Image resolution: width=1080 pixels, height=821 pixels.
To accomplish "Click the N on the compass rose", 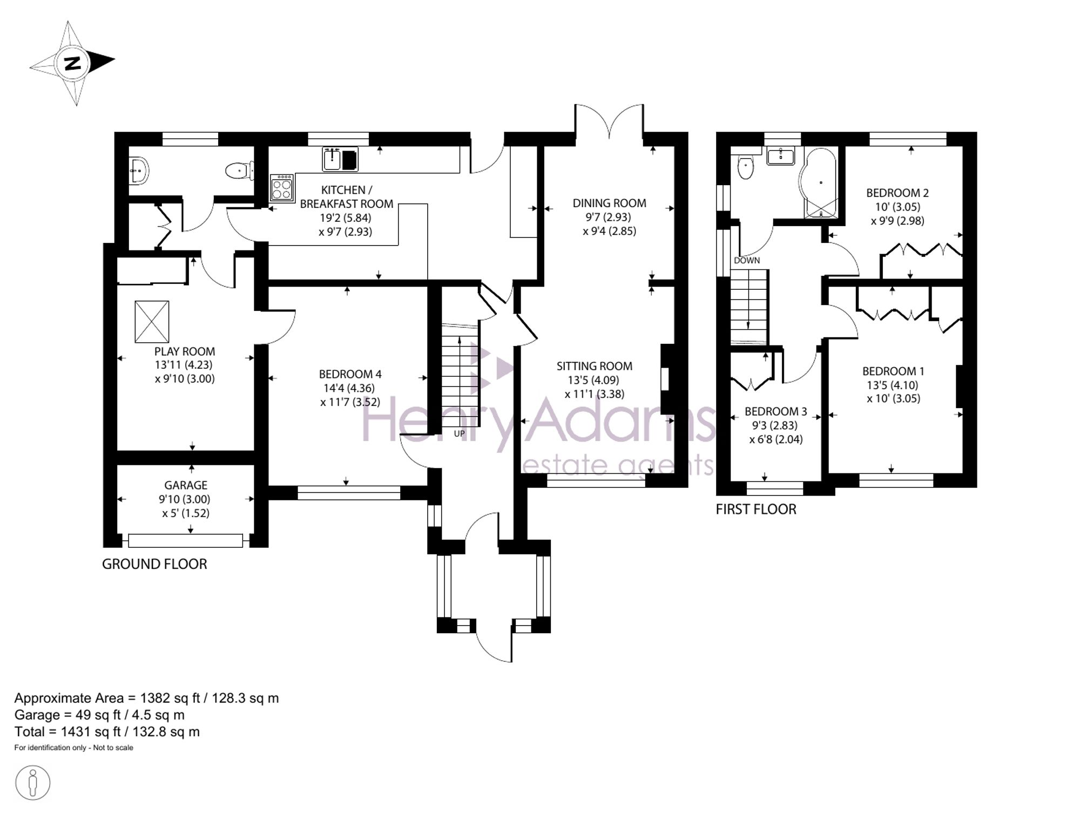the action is (x=72, y=63).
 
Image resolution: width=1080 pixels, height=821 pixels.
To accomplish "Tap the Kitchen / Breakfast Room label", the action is (x=346, y=197).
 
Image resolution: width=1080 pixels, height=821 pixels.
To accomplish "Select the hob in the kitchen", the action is (x=282, y=188).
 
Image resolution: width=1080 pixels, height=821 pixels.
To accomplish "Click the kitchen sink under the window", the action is (x=340, y=159).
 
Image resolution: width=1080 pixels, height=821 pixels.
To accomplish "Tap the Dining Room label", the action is (x=609, y=203).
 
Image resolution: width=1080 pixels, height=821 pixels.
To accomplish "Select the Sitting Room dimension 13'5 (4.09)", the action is (x=594, y=380).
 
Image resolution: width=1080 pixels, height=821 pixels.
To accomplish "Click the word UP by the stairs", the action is (x=459, y=433).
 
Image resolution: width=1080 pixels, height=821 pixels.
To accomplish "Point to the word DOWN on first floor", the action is (x=747, y=260).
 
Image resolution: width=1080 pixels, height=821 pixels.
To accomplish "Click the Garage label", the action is (x=186, y=485).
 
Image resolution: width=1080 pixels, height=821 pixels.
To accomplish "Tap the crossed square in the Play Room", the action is (x=152, y=322).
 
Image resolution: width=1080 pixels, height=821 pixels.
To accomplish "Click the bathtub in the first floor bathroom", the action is (x=820, y=183).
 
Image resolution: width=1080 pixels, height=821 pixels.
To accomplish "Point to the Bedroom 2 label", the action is (x=897, y=193).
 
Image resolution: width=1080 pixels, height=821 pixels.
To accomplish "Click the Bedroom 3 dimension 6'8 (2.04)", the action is (x=776, y=439).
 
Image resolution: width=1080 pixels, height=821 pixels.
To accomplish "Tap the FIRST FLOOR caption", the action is (x=756, y=509).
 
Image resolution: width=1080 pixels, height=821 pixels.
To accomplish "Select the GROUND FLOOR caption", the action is (x=154, y=564).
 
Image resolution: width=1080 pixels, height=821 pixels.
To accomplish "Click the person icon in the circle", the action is (x=33, y=782).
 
